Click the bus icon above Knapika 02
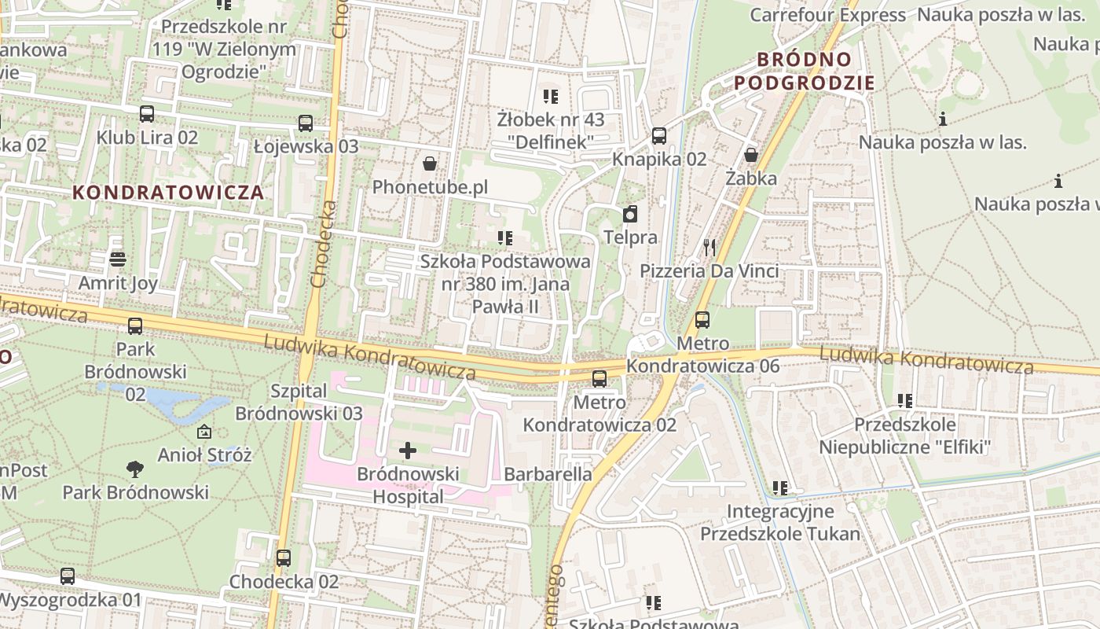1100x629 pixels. coord(659,136)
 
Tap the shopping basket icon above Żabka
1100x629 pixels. coord(751,155)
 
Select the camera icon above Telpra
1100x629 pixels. coord(630,214)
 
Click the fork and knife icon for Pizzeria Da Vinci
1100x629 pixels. coord(709,248)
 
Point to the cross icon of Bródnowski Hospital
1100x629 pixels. coord(408,451)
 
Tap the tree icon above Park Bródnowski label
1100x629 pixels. coord(135,469)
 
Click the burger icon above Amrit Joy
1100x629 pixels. coord(118,259)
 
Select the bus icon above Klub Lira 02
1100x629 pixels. coord(147,114)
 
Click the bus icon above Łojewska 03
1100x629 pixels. coord(306,123)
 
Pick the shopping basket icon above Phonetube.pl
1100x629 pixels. coord(430,164)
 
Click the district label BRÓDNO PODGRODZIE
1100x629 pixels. coord(805,71)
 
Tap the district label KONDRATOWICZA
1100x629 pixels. coord(168,192)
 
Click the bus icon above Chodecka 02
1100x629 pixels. coord(284,558)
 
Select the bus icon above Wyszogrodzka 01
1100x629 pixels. coord(68,576)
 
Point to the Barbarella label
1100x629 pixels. coord(548,474)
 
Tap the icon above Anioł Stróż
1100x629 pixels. coord(204,432)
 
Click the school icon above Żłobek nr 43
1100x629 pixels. coord(551,97)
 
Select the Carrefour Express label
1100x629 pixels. coord(827,15)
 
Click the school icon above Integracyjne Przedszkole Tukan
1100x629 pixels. coord(780,488)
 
